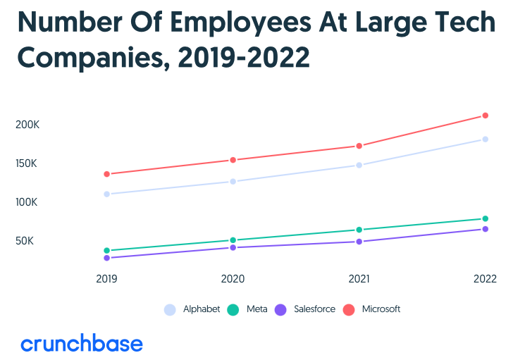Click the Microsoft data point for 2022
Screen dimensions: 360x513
point(486,116)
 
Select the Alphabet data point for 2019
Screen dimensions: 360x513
point(106,194)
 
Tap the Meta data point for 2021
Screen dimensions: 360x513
point(359,230)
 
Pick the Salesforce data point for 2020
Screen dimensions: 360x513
point(233,247)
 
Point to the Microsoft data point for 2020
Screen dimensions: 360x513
point(233,160)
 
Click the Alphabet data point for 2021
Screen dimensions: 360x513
point(359,165)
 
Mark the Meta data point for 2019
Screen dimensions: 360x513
point(106,250)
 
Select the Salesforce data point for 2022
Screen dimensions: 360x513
point(486,229)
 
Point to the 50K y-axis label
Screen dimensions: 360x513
point(25,241)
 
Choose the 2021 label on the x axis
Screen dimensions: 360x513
point(359,279)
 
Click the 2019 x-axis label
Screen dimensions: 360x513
point(106,279)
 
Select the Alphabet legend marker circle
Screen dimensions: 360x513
point(170,309)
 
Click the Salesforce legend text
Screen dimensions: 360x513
point(314,309)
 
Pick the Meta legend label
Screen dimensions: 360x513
point(256,309)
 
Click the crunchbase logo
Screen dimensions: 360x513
point(82,344)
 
